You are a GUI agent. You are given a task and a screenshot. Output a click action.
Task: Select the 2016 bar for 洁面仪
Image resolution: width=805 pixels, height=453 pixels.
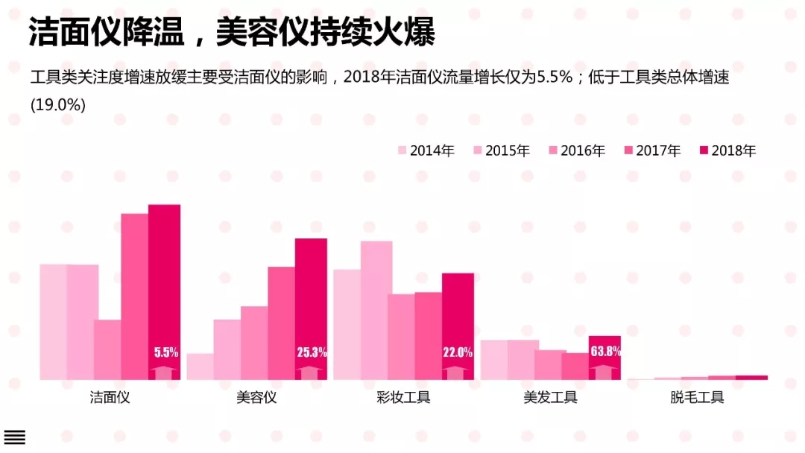(107, 349)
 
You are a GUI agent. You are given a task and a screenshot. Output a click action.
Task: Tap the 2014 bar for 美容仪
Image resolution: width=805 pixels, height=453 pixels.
(200, 367)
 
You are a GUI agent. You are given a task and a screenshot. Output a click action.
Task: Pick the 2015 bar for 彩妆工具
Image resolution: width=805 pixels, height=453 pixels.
(376, 310)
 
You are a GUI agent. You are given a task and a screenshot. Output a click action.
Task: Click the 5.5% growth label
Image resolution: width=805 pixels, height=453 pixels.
(166, 352)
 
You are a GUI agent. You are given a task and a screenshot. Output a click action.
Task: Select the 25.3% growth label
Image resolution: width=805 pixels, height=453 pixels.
(312, 352)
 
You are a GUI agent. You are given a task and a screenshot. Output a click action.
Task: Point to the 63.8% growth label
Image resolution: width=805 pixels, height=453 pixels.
(605, 351)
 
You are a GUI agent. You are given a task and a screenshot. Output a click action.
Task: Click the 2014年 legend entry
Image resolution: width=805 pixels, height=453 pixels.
(426, 151)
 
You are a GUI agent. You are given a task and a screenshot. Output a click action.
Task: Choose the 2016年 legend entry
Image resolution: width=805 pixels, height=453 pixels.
(577, 151)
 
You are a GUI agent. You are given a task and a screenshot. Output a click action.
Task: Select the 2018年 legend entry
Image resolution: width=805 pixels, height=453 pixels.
(727, 151)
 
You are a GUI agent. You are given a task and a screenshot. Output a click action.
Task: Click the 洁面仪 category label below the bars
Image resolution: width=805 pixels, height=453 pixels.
(110, 397)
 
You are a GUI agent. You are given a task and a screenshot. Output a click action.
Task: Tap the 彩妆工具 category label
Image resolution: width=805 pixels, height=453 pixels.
(403, 397)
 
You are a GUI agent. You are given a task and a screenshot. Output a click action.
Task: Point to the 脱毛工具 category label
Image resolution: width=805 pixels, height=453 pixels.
(697, 397)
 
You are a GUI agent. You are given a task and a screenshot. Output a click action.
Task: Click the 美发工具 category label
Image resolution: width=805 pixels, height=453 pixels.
(550, 397)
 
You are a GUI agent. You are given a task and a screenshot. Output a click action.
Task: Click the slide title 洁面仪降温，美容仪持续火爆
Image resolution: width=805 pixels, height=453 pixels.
(232, 32)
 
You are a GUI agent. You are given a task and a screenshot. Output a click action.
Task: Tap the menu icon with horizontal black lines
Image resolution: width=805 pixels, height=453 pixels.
(15, 437)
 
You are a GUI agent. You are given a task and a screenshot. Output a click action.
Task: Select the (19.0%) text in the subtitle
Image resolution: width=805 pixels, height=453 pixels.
(58, 104)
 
